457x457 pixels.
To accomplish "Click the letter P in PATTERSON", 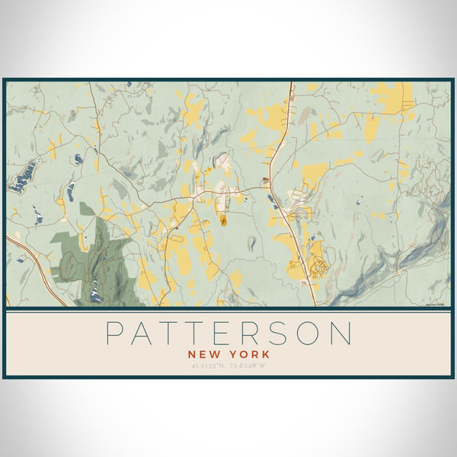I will [x=115, y=334].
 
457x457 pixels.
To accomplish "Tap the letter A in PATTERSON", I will [x=145, y=334].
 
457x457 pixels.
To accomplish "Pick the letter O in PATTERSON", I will [x=316, y=334].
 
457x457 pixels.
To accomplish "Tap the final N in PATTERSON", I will [x=344, y=334].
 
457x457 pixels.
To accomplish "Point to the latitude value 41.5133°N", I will [x=208, y=366].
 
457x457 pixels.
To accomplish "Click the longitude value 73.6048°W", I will [x=249, y=366].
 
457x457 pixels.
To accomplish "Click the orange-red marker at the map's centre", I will [x=224, y=222].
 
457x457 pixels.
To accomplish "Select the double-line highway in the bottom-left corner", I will [x=34, y=267].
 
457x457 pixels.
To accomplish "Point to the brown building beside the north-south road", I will [x=265, y=181].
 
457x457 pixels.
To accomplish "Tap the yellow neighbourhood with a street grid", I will [x=317, y=259].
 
